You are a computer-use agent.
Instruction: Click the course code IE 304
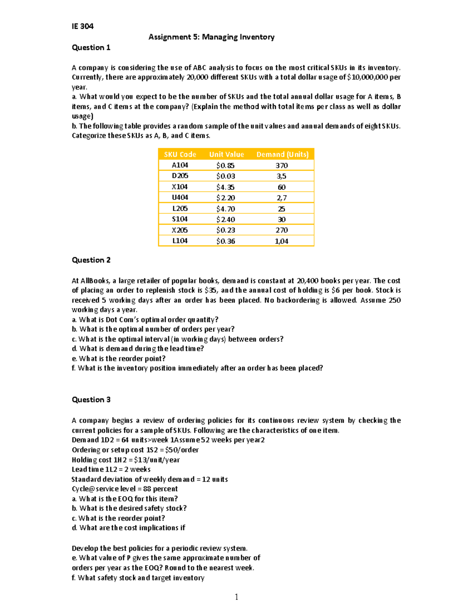(x=82, y=26)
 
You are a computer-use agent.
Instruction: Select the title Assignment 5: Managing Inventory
(x=211, y=37)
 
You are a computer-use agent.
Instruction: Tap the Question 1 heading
(x=91, y=48)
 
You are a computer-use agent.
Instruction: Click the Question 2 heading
(x=91, y=260)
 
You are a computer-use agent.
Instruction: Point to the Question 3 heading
(x=91, y=400)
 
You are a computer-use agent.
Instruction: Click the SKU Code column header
(x=180, y=154)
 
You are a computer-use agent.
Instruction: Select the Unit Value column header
(x=226, y=154)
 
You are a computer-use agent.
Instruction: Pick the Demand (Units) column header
(x=282, y=154)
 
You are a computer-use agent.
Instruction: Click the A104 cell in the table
(x=180, y=166)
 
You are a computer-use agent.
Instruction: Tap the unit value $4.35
(x=225, y=187)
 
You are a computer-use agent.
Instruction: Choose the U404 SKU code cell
(x=180, y=197)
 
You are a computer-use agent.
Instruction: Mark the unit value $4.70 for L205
(x=225, y=209)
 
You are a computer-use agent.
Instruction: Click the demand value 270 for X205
(x=281, y=230)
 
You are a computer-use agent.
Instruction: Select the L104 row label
(x=180, y=241)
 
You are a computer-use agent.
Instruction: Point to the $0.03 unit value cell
(x=225, y=176)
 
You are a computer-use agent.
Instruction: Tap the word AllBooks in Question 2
(x=95, y=281)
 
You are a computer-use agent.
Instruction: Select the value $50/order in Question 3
(x=182, y=450)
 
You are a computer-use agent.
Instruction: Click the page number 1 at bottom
(x=236, y=597)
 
